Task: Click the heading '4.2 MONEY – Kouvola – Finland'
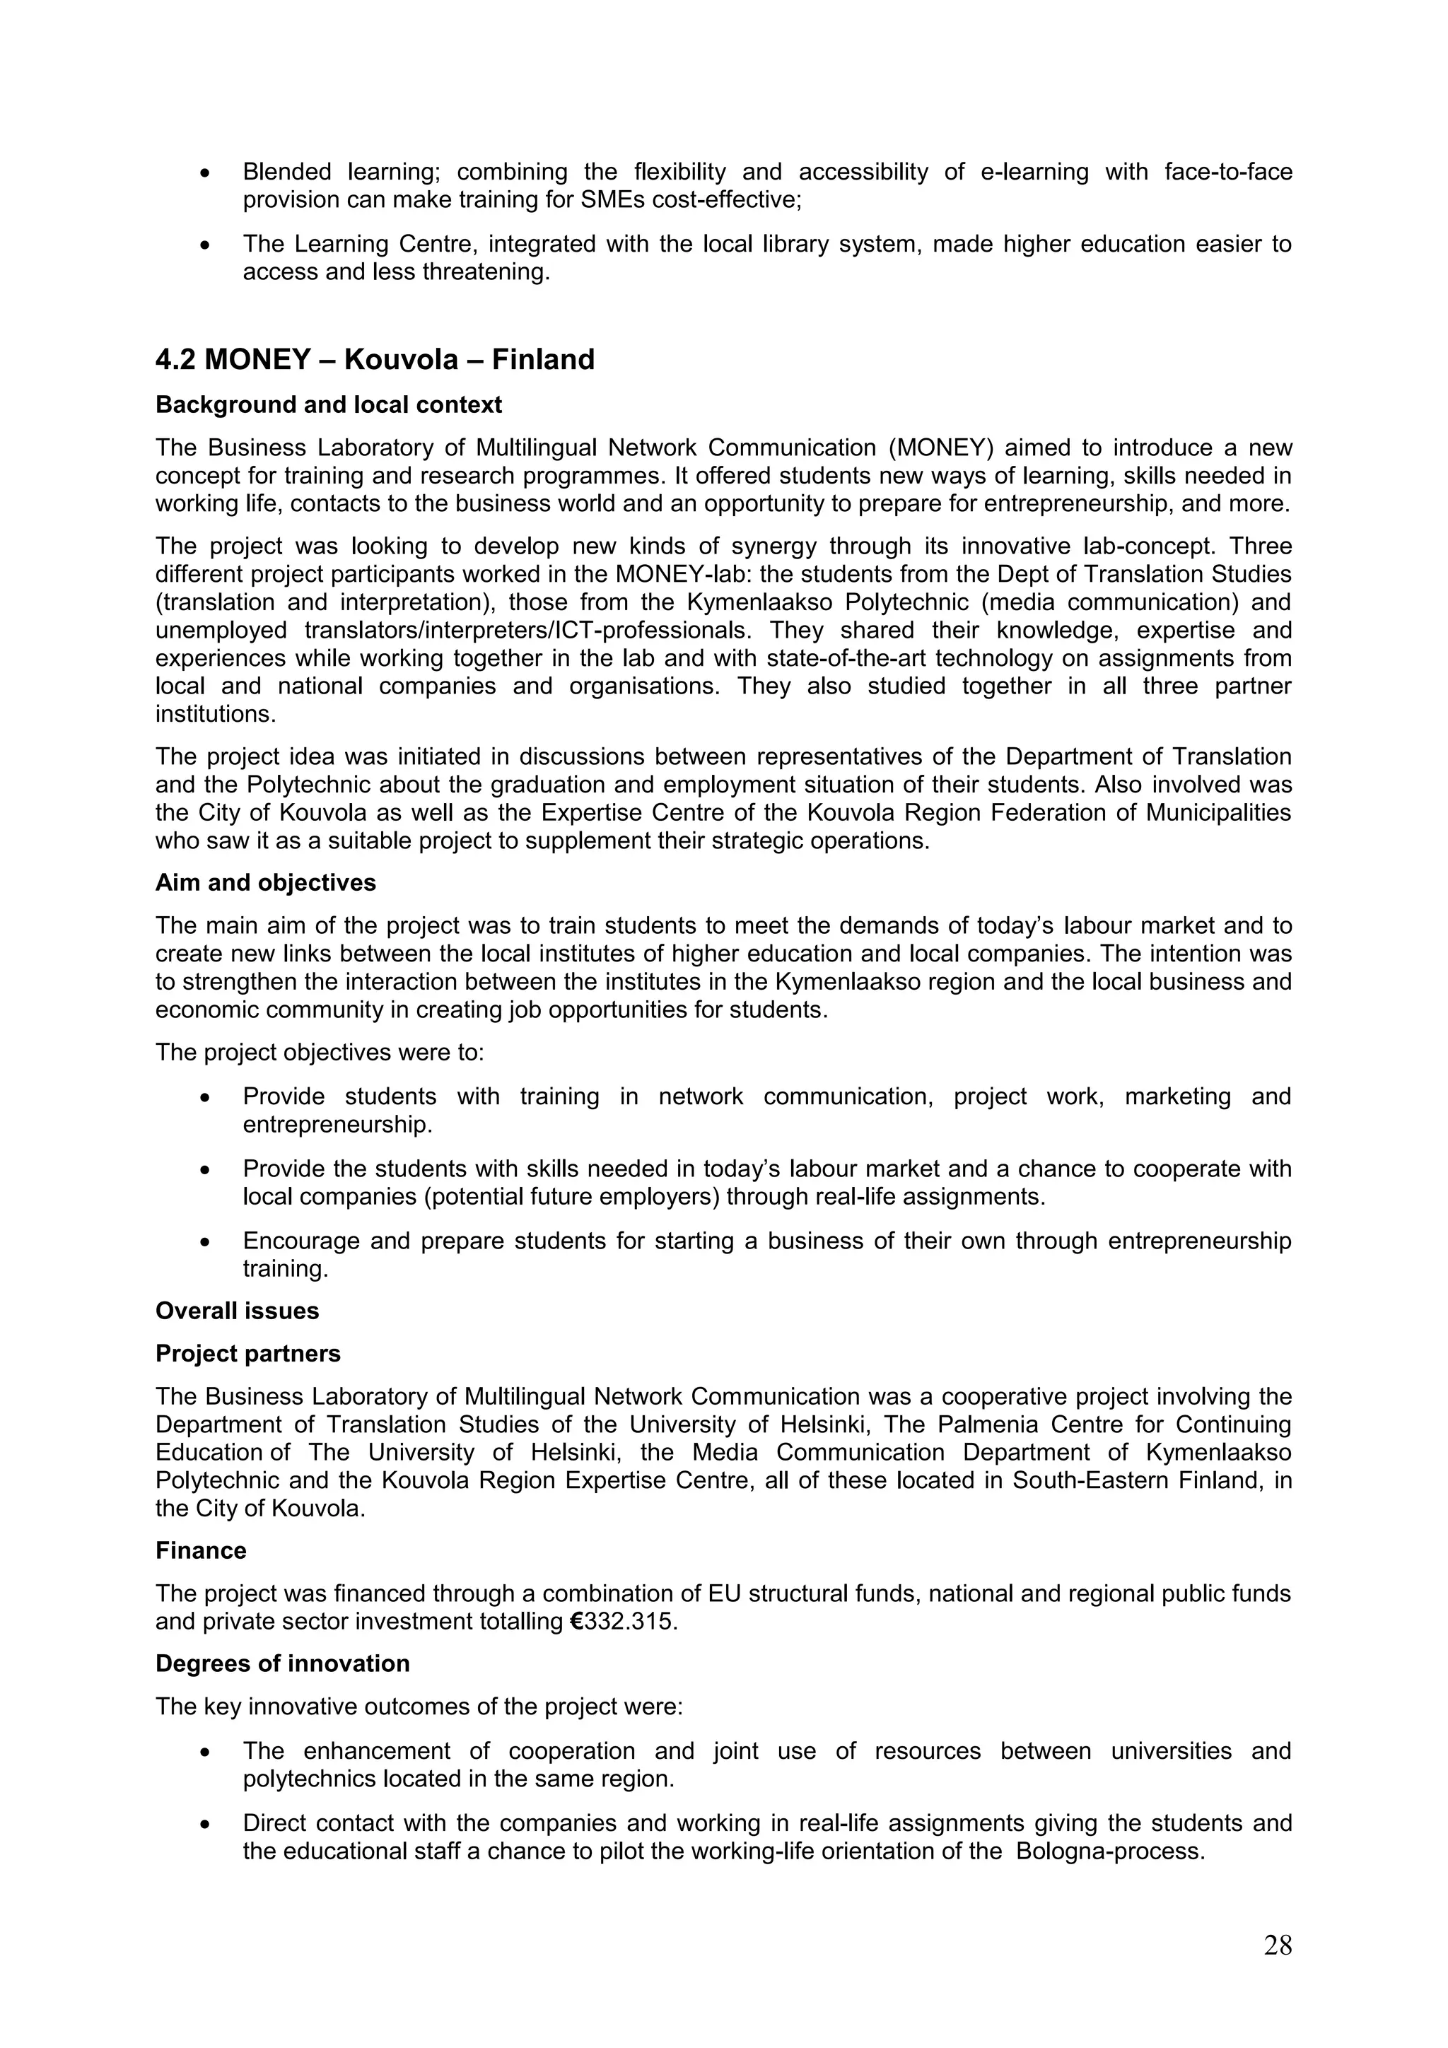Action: click(375, 359)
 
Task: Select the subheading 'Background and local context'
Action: click(328, 405)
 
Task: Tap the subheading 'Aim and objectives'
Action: click(266, 883)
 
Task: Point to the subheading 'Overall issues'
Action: click(238, 1311)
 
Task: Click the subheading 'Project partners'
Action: click(248, 1353)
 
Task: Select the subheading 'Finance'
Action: click(201, 1550)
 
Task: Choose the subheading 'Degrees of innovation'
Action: click(283, 1663)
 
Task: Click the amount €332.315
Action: click(623, 1621)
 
